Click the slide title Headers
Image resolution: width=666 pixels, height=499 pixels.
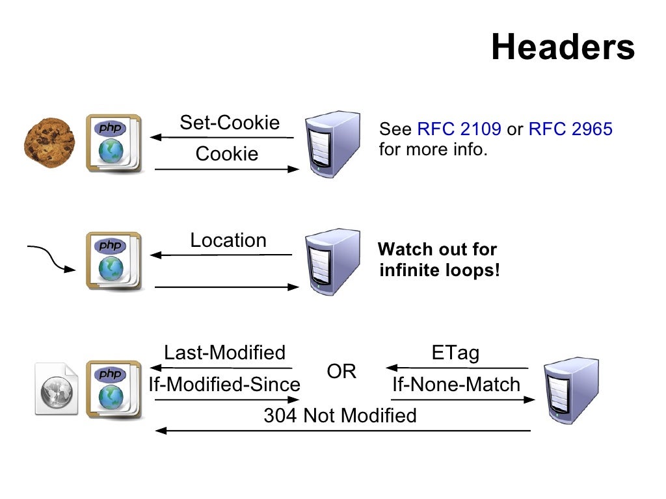click(x=563, y=47)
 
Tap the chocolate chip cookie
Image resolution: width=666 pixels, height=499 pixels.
click(x=49, y=143)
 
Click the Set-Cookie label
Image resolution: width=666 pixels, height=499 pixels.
click(x=230, y=122)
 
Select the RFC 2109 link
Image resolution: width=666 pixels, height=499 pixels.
click(x=459, y=129)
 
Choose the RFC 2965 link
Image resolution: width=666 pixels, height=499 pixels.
click(x=570, y=129)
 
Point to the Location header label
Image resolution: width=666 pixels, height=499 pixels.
click(x=228, y=240)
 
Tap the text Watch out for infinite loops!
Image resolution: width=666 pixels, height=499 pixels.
click(x=439, y=259)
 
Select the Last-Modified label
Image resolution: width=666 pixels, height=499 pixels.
click(x=224, y=352)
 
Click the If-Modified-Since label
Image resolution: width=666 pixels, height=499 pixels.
click(x=224, y=384)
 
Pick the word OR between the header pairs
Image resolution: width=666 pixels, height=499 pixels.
click(x=341, y=372)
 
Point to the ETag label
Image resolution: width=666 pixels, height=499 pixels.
click(x=455, y=352)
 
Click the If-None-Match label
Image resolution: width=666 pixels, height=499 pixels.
click(x=456, y=384)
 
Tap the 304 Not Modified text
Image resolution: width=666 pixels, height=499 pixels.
click(x=340, y=415)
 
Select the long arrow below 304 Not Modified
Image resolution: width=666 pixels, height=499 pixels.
click(x=343, y=431)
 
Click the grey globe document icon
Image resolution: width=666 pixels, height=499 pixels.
click(x=57, y=389)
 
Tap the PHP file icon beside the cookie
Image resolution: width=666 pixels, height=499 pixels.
click(x=114, y=144)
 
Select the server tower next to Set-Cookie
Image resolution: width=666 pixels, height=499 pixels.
click(x=332, y=143)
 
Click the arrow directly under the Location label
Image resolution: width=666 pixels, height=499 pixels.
click(x=221, y=255)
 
